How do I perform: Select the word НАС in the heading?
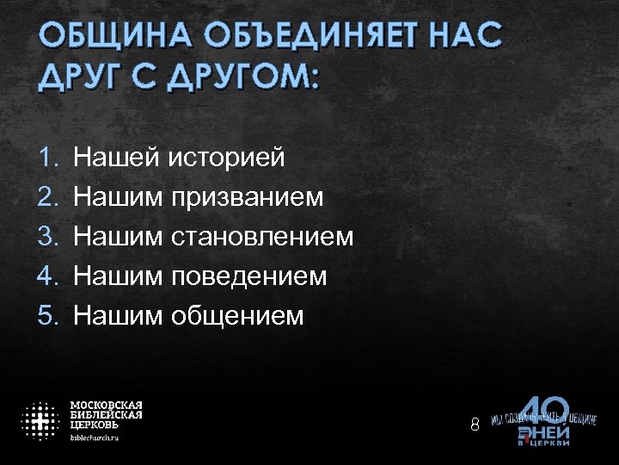[x=466, y=39]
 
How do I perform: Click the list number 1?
[x=47, y=158]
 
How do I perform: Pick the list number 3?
[x=47, y=237]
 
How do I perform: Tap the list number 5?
[x=47, y=316]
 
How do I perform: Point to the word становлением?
[x=261, y=237]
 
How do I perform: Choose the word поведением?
[x=248, y=276]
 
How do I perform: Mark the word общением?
[x=236, y=316]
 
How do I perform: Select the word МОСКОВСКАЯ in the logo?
[x=106, y=405]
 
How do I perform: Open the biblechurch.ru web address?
[x=95, y=437]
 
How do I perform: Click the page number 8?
[x=475, y=425]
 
